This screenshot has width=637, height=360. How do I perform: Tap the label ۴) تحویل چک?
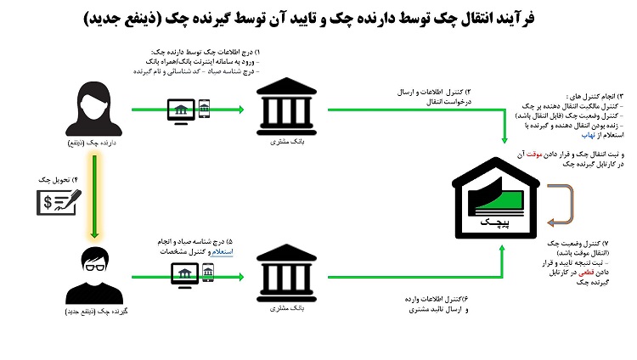pos(59,180)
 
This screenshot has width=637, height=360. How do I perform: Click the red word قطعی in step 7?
pos(580,272)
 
